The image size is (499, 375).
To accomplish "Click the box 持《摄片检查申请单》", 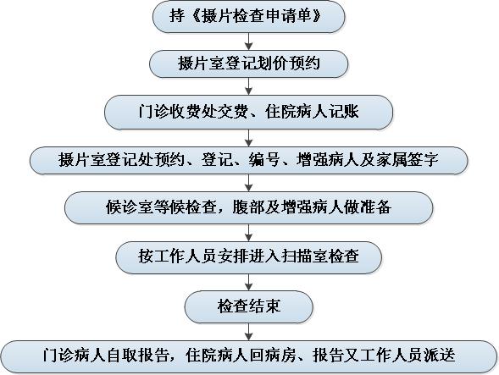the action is (248, 17).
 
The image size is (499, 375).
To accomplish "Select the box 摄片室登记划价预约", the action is (248, 64).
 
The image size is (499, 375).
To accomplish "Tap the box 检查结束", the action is (248, 307).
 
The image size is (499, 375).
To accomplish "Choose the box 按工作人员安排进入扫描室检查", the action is (248, 257).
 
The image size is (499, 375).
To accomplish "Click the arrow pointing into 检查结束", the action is (248, 282).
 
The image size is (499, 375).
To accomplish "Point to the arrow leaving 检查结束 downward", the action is (248, 332).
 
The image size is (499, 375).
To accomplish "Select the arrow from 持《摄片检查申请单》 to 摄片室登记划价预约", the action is (248, 41).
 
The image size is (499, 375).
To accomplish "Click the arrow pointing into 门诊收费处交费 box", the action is (248, 86).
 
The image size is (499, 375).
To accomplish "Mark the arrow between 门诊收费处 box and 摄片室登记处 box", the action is (248, 138).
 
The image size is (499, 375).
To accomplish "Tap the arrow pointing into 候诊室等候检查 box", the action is (248, 183).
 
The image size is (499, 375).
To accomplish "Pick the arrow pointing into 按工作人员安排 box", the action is (248, 233).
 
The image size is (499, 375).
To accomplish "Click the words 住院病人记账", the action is (312, 112).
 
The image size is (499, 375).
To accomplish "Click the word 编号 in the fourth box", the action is (264, 160).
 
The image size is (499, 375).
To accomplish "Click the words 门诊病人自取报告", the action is (106, 356).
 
